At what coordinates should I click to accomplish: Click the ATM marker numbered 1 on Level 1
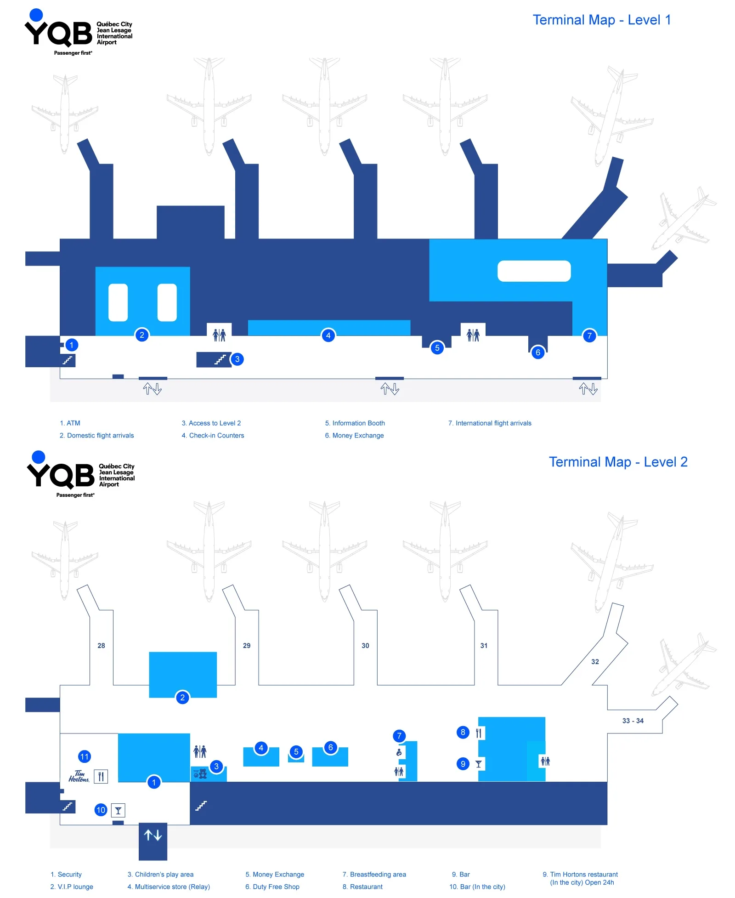(x=71, y=345)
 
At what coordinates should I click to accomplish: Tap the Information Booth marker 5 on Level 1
(x=437, y=348)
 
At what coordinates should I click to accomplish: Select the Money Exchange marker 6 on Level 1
(x=537, y=352)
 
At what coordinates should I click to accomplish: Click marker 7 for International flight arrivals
(x=589, y=336)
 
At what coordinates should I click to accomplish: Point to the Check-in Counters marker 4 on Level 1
(x=328, y=335)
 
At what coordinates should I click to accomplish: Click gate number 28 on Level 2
(x=101, y=645)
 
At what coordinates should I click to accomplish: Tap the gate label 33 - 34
(x=633, y=721)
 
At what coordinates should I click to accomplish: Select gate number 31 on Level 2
(x=483, y=645)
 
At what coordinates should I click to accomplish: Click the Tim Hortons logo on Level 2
(x=79, y=776)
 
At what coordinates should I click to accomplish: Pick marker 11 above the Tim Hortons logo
(x=85, y=756)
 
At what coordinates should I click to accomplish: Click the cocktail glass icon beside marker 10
(x=118, y=810)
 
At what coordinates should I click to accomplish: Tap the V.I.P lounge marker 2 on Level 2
(x=182, y=698)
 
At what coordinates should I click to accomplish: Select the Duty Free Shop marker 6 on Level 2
(x=330, y=747)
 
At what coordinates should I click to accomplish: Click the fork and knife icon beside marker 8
(x=479, y=733)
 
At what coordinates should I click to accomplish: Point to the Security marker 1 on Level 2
(x=154, y=782)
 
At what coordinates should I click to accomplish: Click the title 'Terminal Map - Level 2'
(x=618, y=462)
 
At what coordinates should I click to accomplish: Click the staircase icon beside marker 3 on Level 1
(x=220, y=359)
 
